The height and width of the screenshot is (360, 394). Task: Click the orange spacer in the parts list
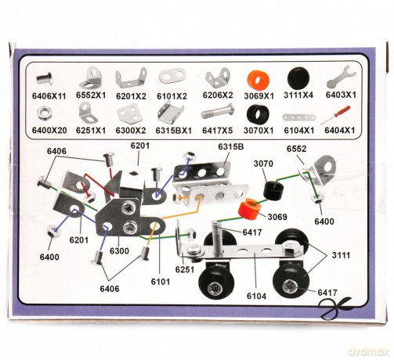click(x=258, y=79)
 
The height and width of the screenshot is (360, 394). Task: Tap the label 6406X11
click(x=49, y=96)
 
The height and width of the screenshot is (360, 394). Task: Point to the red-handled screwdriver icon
click(x=336, y=115)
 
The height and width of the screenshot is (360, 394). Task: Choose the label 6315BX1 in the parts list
click(x=174, y=130)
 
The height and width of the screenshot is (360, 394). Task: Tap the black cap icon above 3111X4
click(x=298, y=77)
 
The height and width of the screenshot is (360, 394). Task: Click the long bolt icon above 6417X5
click(x=217, y=113)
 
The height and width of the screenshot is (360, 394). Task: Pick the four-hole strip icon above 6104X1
click(x=298, y=117)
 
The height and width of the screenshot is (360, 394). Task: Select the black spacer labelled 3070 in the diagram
click(x=273, y=191)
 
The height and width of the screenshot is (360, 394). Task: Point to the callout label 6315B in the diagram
click(x=231, y=146)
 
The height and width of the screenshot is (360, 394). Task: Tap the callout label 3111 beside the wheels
click(x=341, y=255)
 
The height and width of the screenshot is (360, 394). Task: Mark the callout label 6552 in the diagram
click(x=296, y=149)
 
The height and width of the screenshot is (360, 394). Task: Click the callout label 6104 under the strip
click(x=257, y=296)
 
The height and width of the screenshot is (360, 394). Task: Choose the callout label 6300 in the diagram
click(x=119, y=251)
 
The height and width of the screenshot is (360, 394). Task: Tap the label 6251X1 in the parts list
click(x=91, y=130)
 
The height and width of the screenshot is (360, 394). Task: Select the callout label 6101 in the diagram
click(x=161, y=282)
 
